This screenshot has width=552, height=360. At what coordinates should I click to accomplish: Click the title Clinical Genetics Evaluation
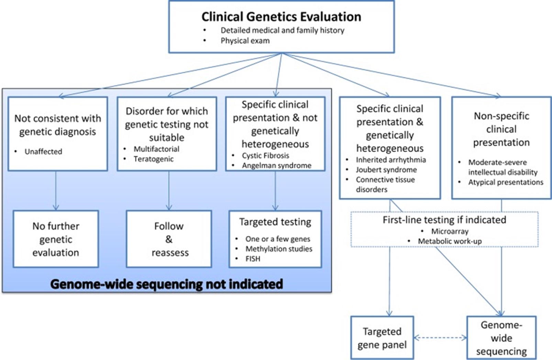click(281, 17)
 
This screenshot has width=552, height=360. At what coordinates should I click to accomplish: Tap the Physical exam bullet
click(245, 41)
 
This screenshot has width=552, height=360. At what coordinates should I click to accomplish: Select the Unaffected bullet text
click(43, 152)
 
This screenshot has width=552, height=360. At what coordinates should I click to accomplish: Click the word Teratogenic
click(154, 159)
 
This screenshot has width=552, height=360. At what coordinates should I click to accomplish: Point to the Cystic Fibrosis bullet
click(265, 155)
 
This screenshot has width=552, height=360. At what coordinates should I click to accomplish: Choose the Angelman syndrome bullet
click(276, 165)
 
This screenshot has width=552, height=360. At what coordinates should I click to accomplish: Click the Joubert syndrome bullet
click(386, 170)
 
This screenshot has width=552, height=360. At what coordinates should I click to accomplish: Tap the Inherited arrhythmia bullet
click(390, 160)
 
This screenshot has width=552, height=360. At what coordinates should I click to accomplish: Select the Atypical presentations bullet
click(506, 182)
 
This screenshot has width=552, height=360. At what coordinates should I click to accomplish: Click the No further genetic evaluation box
click(56, 239)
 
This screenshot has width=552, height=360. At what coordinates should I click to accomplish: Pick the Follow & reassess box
click(169, 239)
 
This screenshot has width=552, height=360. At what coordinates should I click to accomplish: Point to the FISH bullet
click(253, 259)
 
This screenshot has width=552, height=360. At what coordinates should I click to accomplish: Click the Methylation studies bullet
click(278, 249)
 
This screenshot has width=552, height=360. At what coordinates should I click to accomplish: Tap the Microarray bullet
click(450, 231)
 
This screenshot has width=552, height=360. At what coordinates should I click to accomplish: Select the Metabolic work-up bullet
click(450, 241)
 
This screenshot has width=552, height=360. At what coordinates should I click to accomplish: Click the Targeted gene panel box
click(382, 338)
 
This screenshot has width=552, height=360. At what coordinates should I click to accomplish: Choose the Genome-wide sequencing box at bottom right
click(501, 338)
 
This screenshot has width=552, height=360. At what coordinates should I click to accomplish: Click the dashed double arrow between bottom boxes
click(440, 338)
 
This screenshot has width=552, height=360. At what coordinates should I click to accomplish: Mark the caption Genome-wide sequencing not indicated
click(167, 284)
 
